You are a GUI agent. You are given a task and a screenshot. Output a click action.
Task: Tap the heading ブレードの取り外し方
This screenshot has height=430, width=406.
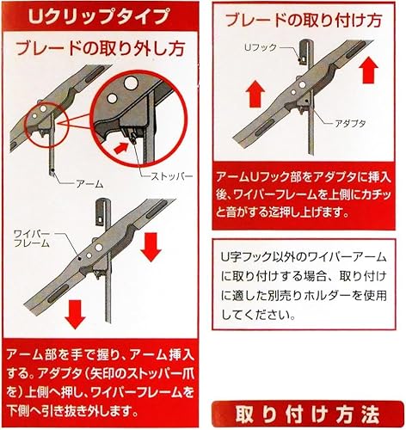99,50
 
